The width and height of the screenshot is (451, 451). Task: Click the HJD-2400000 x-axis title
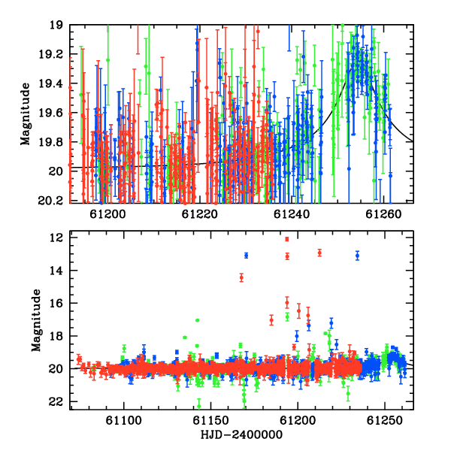click(x=241, y=434)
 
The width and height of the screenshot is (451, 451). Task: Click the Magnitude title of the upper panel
click(x=26, y=114)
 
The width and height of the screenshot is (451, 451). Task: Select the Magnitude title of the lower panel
click(x=36, y=320)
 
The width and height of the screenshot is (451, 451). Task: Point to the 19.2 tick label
click(x=50, y=54)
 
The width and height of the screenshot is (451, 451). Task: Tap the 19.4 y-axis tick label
click(x=50, y=83)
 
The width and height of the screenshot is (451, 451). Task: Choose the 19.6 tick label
click(x=50, y=113)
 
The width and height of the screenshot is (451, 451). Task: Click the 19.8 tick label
click(x=50, y=142)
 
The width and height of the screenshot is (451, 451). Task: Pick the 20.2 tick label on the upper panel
click(x=50, y=201)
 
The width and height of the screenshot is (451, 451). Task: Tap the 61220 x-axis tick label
click(x=200, y=214)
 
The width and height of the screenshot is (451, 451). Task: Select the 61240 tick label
click(x=292, y=214)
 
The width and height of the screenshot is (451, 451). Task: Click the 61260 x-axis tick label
click(x=383, y=214)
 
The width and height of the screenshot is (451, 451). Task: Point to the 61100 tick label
click(x=124, y=420)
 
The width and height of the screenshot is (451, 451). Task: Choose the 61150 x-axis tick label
click(x=210, y=420)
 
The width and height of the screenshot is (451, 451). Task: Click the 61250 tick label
click(x=385, y=420)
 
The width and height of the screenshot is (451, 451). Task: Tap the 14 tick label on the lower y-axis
click(x=56, y=271)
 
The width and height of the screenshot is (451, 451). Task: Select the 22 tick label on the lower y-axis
click(x=56, y=402)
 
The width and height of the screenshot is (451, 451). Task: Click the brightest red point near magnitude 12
click(x=287, y=239)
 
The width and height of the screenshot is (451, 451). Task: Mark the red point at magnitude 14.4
click(x=241, y=277)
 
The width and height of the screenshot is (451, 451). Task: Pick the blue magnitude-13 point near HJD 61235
click(x=357, y=256)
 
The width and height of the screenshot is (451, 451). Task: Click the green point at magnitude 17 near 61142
click(x=197, y=320)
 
